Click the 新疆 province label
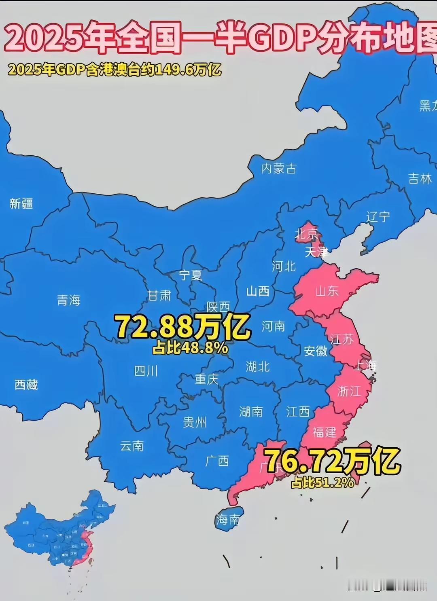pyautogui.click(x=21, y=203)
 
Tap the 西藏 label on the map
pyautogui.click(x=26, y=384)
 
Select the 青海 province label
pyautogui.click(x=68, y=300)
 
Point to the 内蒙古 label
pyautogui.click(x=279, y=168)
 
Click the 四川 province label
pyautogui.click(x=146, y=371)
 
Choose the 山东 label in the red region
pyautogui.click(x=327, y=291)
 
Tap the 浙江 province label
pyautogui.click(x=349, y=391)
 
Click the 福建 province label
pyautogui.click(x=325, y=432)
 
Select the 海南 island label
pyautogui.click(x=228, y=520)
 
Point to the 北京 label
pyautogui.click(x=307, y=234)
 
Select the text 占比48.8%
pyautogui.click(x=190, y=348)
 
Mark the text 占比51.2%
pyautogui.click(x=323, y=482)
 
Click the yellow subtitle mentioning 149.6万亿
pyautogui.click(x=115, y=70)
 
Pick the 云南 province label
pyautogui.click(x=132, y=446)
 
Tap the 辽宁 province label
pyautogui.click(x=378, y=217)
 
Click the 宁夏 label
pyautogui.click(x=191, y=275)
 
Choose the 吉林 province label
pyautogui.click(x=420, y=178)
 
